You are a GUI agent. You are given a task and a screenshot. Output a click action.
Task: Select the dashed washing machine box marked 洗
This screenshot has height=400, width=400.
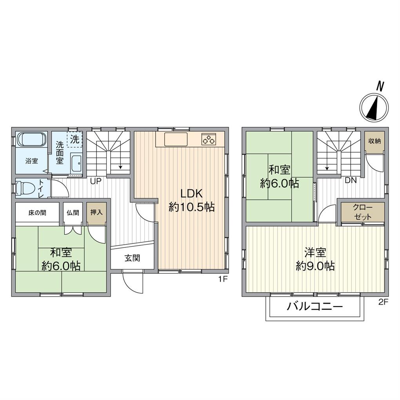tap(75, 139)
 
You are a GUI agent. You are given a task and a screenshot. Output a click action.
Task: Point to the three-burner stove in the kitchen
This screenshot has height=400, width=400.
tap(209, 139)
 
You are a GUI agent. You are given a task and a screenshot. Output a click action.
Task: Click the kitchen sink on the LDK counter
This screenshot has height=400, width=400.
tap(176, 139)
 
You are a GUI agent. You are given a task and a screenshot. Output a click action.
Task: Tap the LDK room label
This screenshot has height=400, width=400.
tap(192, 194)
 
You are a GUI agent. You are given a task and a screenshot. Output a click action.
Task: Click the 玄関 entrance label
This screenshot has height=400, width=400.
tap(133, 258)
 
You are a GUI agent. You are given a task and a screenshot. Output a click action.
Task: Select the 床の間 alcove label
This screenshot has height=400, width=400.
tap(37, 213)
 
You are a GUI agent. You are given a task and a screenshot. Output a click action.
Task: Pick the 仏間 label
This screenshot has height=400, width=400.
tap(73, 213)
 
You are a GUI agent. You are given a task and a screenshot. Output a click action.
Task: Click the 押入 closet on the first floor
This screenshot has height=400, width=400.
tap(96, 214)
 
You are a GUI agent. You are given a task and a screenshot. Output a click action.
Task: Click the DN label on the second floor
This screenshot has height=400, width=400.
tap(351, 181)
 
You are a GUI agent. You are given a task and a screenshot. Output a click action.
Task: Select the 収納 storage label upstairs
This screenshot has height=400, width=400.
tap(374, 141)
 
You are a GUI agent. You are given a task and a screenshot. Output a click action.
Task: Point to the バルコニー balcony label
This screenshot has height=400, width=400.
tap(315, 306)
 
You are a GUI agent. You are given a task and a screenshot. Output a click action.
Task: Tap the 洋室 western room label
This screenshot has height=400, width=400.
tap(315, 253)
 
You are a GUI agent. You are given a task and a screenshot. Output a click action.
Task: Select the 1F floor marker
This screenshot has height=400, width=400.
tap(222, 279)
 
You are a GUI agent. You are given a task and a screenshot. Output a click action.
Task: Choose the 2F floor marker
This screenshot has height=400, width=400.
tap(383, 302)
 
